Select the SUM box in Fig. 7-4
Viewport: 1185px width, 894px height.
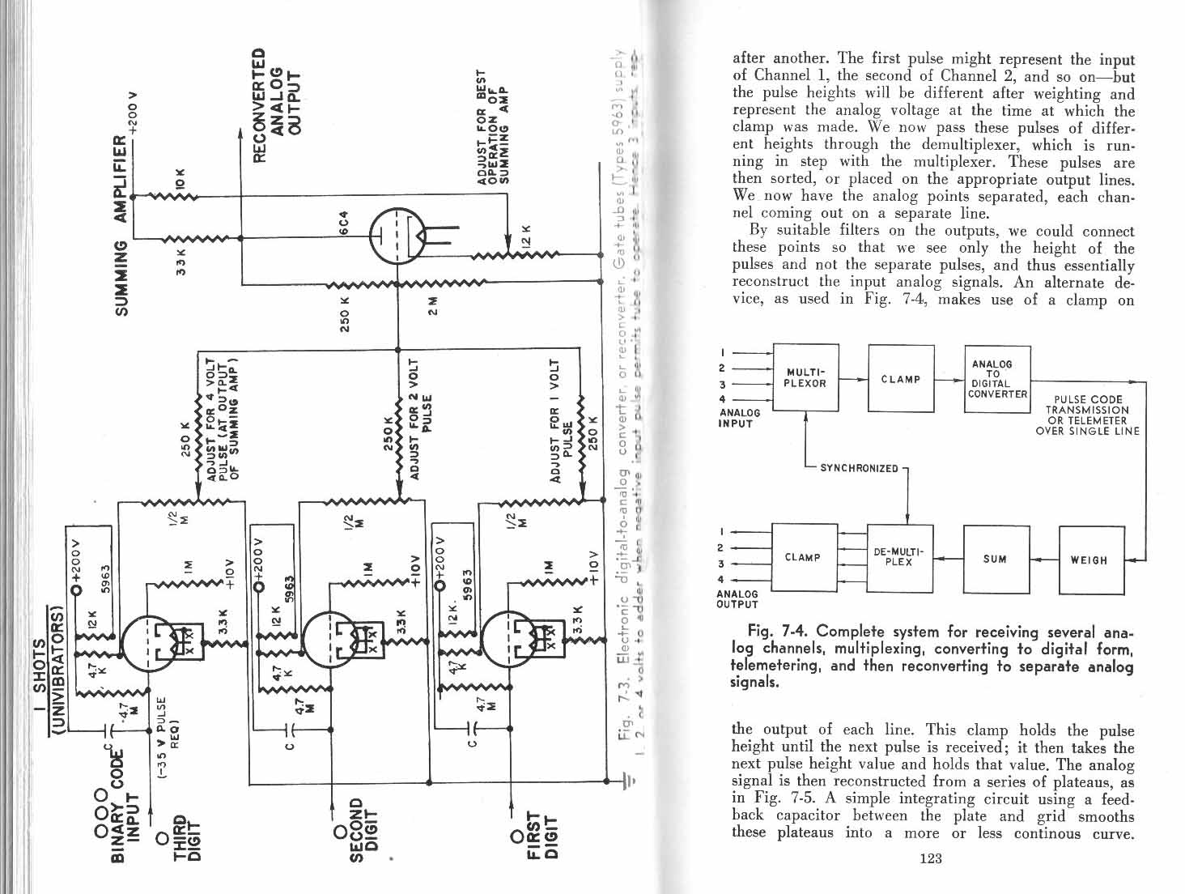click(996, 559)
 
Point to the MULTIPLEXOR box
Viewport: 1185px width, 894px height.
click(805, 378)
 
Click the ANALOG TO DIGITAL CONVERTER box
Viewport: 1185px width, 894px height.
click(996, 379)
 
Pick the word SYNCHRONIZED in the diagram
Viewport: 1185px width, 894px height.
click(859, 468)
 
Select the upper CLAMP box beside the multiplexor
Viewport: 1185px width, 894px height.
click(901, 379)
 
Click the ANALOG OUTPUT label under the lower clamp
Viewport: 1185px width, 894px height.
click(737, 598)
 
